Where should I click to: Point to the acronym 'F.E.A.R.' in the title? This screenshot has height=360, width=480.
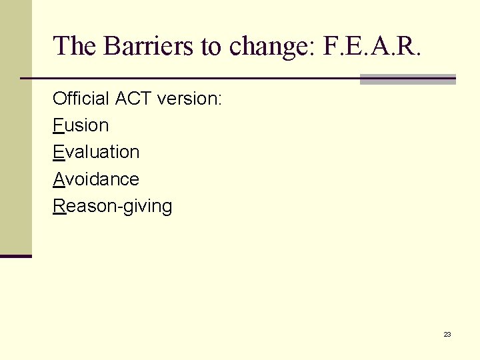pos(372,46)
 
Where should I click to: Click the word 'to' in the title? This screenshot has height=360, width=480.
pos(210,46)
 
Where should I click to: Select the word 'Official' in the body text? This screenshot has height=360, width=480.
pos(81,99)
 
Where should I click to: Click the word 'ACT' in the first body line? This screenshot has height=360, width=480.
pos(133,99)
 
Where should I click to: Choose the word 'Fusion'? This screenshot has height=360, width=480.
pos(81,125)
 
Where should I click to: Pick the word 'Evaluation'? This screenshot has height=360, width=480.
pos(96,152)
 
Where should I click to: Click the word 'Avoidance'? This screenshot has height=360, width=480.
pos(96,179)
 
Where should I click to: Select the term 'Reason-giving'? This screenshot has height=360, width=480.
pos(113,206)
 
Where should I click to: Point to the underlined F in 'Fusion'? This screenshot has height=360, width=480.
pos(57,125)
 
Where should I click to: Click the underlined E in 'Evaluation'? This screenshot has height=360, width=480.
pos(58,152)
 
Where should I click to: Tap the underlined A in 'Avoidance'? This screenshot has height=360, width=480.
pos(58,179)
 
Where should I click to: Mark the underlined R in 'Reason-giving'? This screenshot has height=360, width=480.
pos(59,206)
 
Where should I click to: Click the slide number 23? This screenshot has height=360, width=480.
pos(447,334)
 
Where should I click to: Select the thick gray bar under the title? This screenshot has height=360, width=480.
pos(407,79)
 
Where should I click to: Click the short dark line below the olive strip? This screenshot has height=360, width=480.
pos(15,256)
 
